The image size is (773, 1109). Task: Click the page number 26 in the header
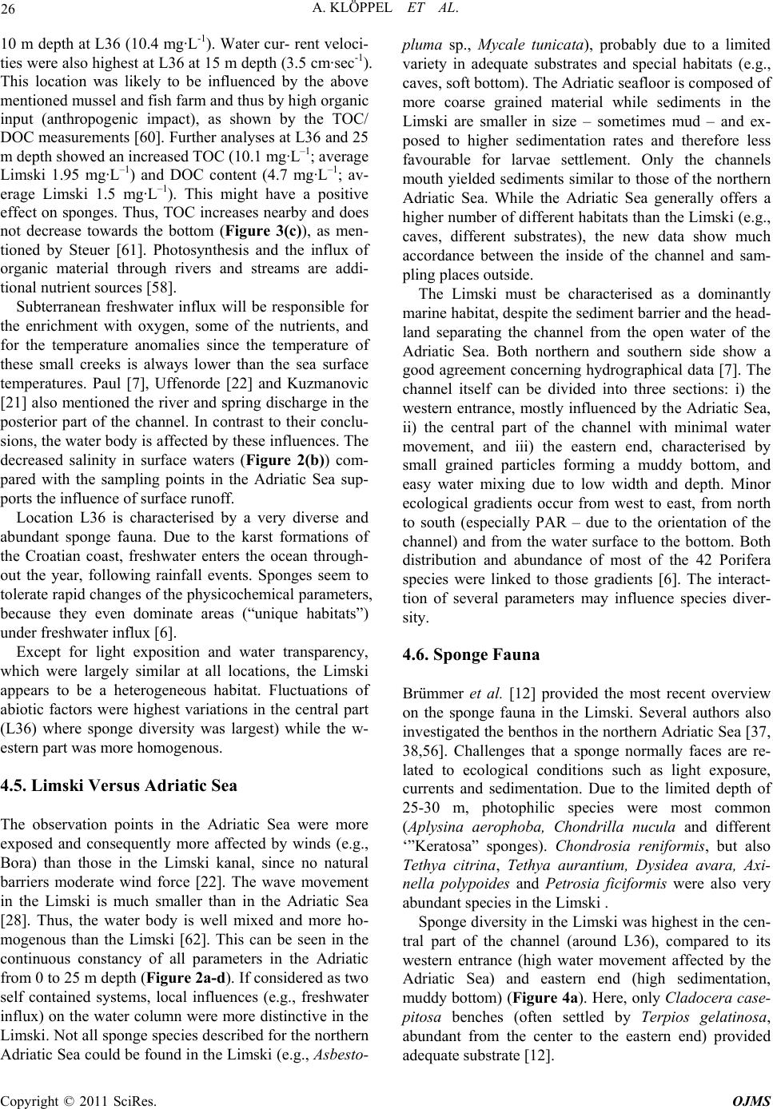click(x=14, y=10)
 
